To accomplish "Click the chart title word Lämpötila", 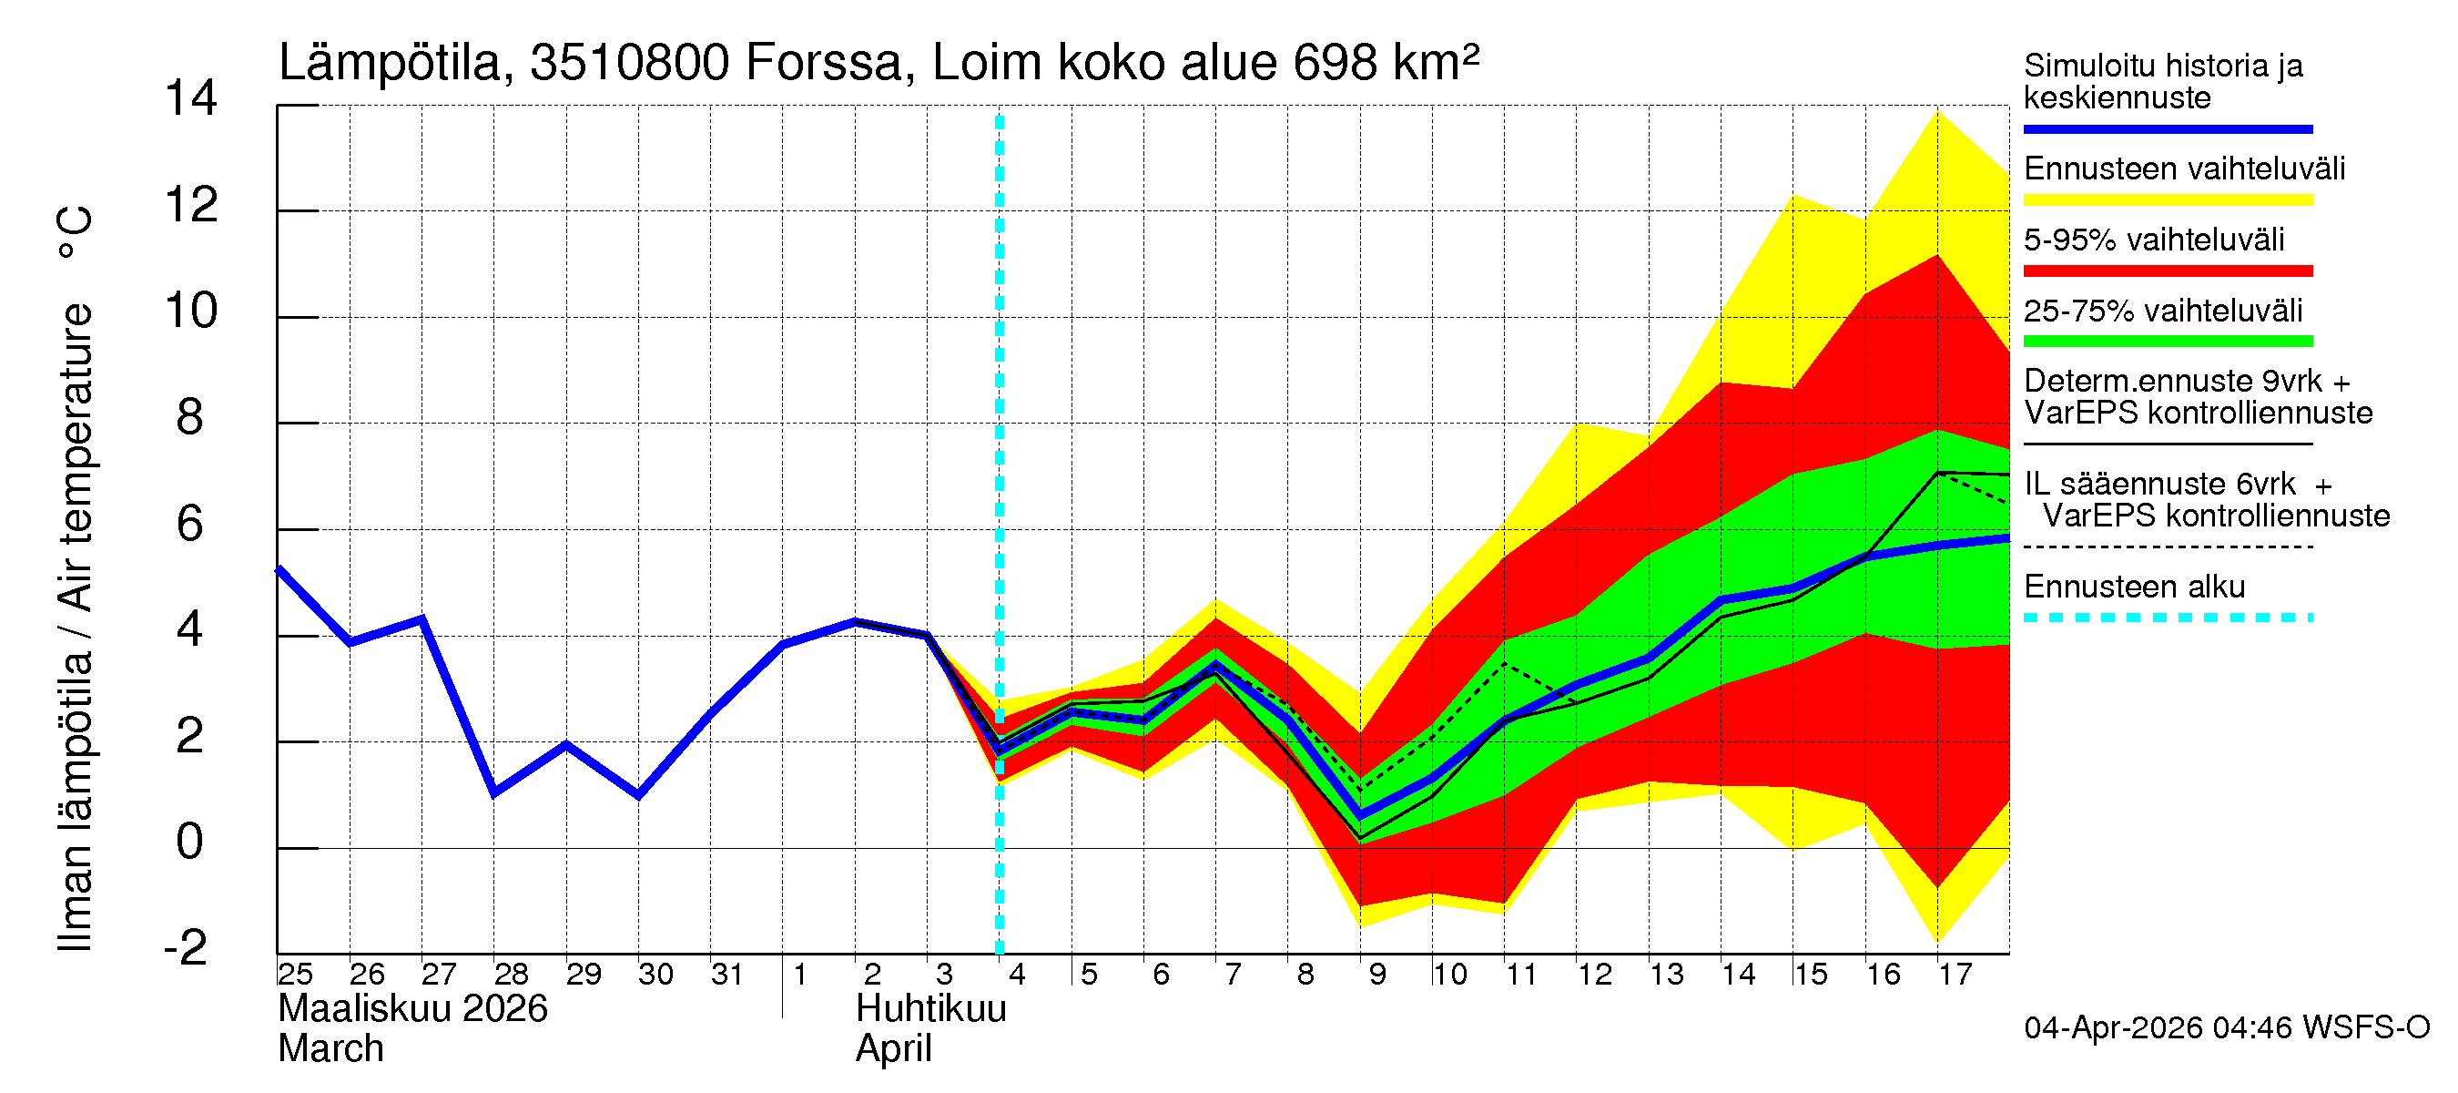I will coord(391,63).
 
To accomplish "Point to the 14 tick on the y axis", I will coord(191,98).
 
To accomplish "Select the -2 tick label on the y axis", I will coord(186,948).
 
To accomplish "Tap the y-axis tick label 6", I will coord(190,524).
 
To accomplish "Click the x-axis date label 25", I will coord(295,975).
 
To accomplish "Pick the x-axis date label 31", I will coord(727,975).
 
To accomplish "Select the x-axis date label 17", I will coord(1955,975).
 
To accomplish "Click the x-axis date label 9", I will coord(1376,975).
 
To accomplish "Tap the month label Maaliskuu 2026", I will coord(412,1009).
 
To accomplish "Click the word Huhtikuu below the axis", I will coord(930,1009).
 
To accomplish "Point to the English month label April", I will coord(893,1049).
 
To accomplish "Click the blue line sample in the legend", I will coord(2167,128).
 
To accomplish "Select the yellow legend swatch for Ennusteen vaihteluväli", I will coord(2167,200).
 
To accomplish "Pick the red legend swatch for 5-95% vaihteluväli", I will coord(2167,271).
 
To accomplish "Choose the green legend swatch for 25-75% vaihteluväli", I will coord(2167,342).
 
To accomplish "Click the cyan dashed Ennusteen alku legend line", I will coord(2167,618).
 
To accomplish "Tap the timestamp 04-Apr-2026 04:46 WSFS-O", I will coord(2226,1028).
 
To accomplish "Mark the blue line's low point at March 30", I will coord(638,795).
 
